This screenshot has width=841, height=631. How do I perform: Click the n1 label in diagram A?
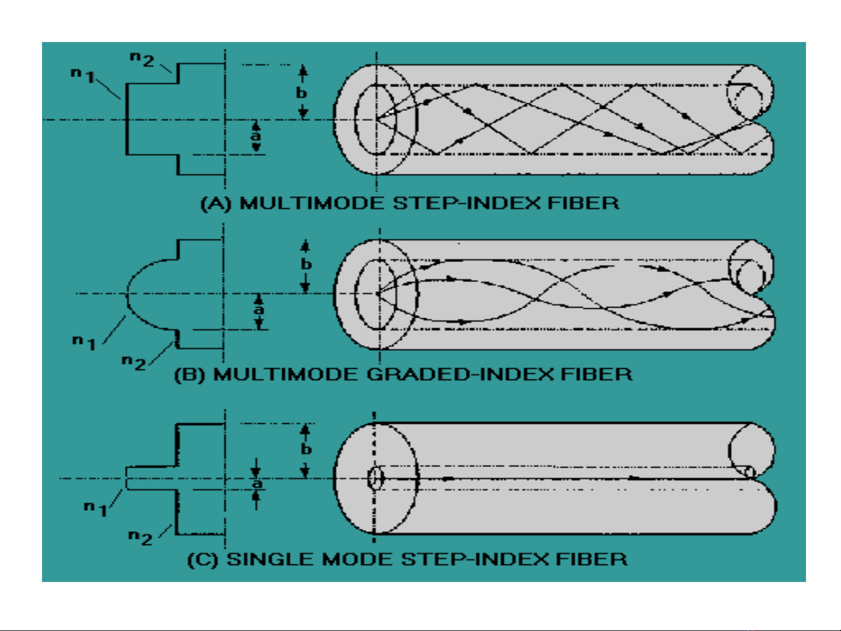click(83, 75)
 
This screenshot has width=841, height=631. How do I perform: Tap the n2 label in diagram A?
click(142, 59)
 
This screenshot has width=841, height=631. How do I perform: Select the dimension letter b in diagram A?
click(301, 92)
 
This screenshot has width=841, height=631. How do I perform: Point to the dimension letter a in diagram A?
click(256, 135)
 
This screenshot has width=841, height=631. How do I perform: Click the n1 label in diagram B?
click(84, 342)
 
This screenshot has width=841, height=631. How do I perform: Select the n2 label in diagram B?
click(134, 362)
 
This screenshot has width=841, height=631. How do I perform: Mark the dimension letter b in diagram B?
click(306, 264)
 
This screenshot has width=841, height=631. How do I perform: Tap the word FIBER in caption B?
click(596, 374)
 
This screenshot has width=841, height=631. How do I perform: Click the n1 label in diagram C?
click(96, 508)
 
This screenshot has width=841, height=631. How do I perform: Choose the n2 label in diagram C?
click(141, 536)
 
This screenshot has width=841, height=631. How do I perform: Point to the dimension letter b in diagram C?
click(306, 449)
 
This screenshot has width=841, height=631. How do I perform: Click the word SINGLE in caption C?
click(271, 559)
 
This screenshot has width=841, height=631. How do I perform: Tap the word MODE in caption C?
click(358, 559)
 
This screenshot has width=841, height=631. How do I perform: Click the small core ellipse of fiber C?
click(375, 478)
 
